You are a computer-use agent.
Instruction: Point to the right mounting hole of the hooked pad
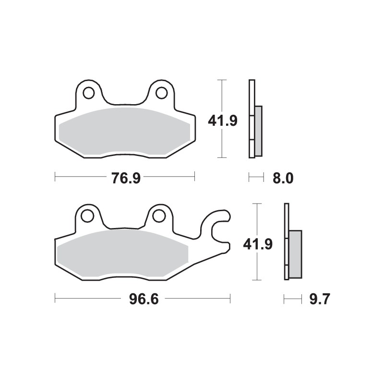point(158,216)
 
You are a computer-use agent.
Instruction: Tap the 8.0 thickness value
point(282,178)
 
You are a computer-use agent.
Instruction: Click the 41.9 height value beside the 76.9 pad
point(222,120)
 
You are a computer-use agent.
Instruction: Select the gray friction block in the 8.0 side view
point(258,131)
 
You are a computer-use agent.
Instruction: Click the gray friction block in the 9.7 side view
point(295,254)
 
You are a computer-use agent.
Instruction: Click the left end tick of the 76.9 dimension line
point(56,178)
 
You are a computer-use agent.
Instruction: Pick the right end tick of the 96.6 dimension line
point(230,300)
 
